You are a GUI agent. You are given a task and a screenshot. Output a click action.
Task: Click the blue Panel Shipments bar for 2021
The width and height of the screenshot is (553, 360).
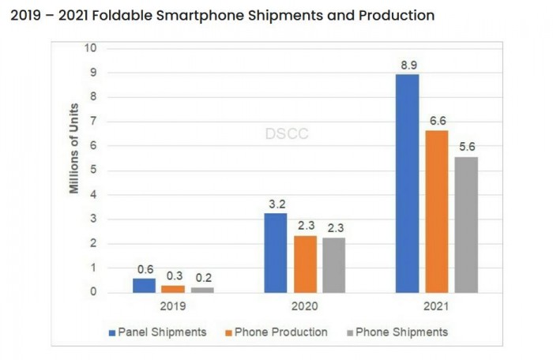click(x=407, y=183)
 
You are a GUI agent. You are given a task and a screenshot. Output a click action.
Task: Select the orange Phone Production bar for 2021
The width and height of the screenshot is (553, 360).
click(x=436, y=212)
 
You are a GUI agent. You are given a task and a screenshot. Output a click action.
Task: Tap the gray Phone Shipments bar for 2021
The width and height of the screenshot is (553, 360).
click(x=466, y=224)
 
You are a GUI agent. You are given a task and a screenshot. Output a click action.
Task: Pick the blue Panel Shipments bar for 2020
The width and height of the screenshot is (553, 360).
click(x=275, y=253)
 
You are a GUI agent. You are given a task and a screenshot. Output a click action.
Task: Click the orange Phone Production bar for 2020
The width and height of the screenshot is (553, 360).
click(x=305, y=264)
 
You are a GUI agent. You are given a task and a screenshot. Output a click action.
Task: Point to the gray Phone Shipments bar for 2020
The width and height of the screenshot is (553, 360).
click(x=334, y=264)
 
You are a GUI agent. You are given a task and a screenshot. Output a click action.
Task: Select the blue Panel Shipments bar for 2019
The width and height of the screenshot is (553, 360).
click(x=144, y=285)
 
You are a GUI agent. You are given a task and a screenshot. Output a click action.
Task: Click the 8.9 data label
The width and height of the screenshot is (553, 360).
click(x=408, y=66)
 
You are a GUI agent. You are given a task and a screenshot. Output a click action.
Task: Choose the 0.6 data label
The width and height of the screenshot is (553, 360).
click(x=144, y=268)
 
